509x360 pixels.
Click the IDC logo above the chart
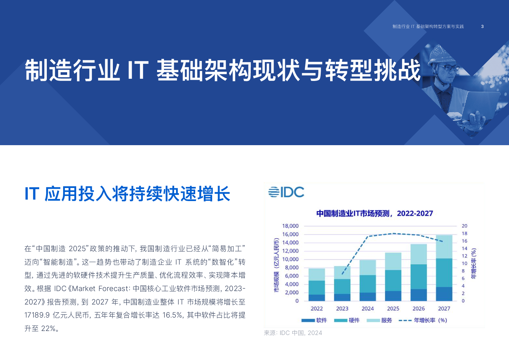click(x=286, y=192)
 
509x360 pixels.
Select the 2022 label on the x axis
click(x=316, y=308)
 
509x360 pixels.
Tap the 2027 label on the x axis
click(x=444, y=308)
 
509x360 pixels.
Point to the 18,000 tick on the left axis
click(x=290, y=226)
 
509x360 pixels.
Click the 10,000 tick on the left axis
click(x=290, y=259)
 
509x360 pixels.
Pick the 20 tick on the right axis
click(x=464, y=226)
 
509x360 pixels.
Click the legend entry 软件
click(x=314, y=320)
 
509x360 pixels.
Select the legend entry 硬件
click(x=347, y=320)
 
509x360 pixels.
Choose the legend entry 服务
click(x=379, y=320)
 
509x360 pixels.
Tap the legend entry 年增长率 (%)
click(x=423, y=320)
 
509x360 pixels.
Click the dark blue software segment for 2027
click(x=444, y=294)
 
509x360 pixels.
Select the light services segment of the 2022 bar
click(x=316, y=275)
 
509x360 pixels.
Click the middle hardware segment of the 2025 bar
click(x=393, y=281)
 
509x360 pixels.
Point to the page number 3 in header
click(x=483, y=26)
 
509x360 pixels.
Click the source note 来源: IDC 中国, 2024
click(x=293, y=333)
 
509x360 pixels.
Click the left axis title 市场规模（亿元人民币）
click(x=276, y=265)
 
